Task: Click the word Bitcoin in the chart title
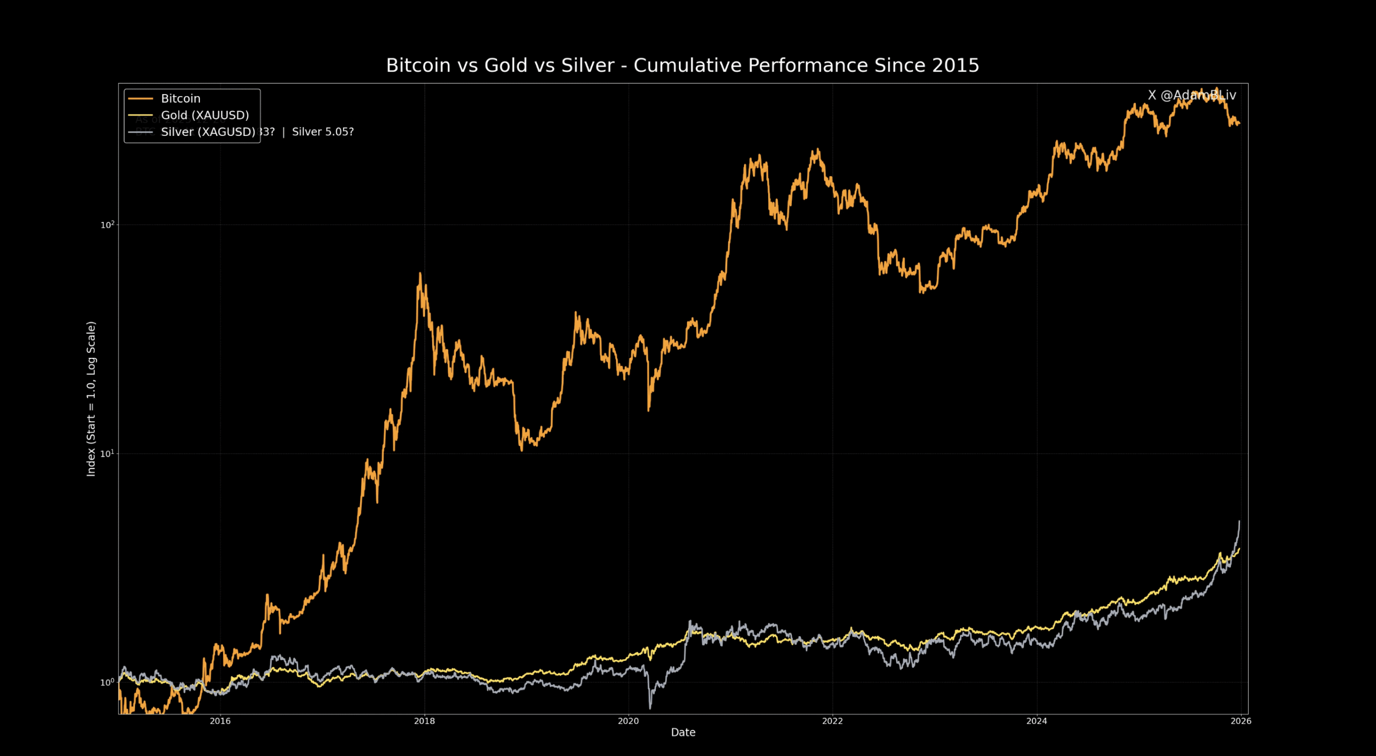coord(418,66)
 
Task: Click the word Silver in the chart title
coord(587,66)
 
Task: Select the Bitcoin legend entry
coord(181,98)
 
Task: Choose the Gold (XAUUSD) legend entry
coord(205,115)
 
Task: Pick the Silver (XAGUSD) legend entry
coord(207,132)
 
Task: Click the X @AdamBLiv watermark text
coord(1192,95)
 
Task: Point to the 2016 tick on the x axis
coord(220,721)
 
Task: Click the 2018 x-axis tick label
coord(424,721)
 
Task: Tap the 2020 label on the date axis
coord(628,721)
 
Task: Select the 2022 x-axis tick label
coord(832,721)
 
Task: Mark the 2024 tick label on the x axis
coord(1036,721)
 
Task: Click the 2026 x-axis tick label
coord(1241,721)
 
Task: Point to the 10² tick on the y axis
coord(107,225)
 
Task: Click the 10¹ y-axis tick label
coord(107,453)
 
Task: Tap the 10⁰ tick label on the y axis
coord(107,682)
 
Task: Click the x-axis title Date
coord(683,732)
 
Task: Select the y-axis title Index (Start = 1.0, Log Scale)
coord(91,399)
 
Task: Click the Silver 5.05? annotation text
coord(322,132)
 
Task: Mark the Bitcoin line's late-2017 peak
coord(420,274)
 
